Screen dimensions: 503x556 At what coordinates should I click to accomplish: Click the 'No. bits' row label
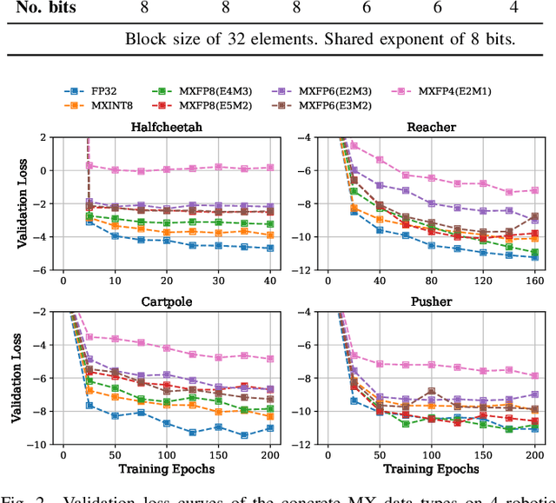point(41,7)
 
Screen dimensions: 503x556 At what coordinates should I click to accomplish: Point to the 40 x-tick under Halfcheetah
point(270,281)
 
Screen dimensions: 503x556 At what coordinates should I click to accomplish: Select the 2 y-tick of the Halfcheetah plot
point(42,137)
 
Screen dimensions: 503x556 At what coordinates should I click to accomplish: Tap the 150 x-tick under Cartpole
point(218,455)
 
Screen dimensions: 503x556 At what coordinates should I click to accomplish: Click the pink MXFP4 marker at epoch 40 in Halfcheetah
point(270,167)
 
